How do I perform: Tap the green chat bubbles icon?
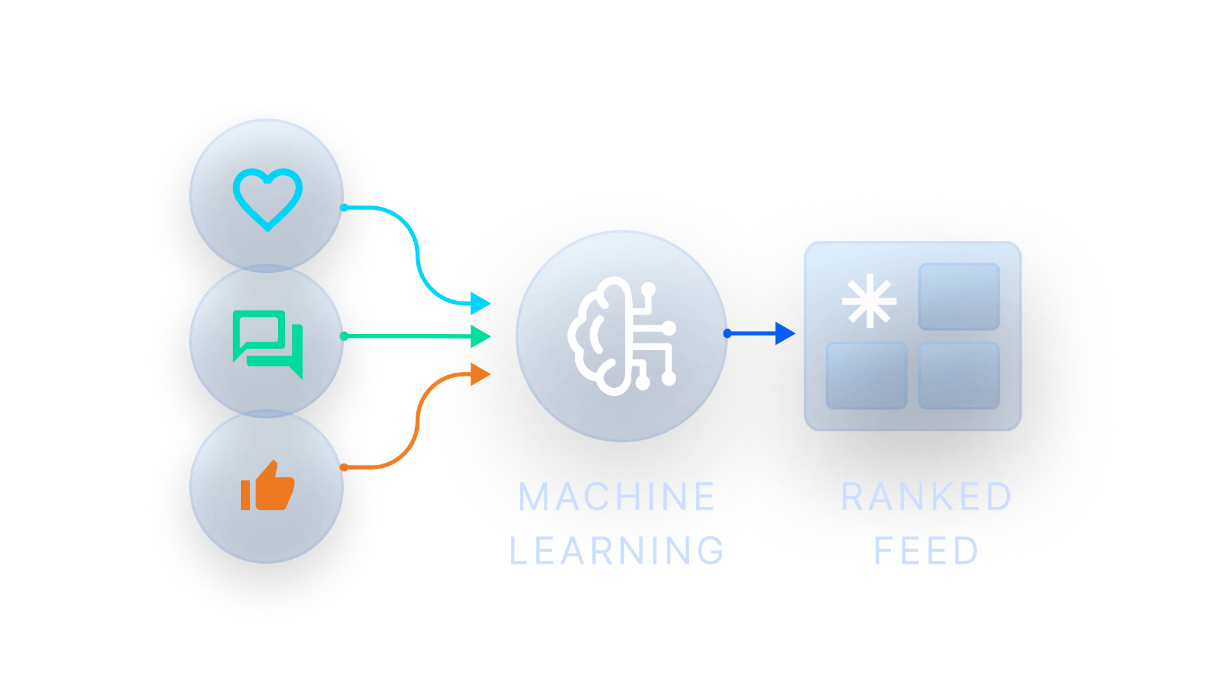click(267, 344)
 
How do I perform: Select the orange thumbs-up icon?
click(267, 486)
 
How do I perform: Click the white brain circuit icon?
click(622, 336)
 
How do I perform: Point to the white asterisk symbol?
click(869, 301)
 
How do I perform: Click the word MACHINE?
click(616, 497)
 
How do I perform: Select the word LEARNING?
click(616, 550)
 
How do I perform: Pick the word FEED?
click(926, 550)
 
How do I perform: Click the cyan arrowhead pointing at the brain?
click(481, 303)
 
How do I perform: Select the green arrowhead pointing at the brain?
click(481, 336)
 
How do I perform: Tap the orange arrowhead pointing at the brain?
click(481, 374)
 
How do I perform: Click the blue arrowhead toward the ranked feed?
click(785, 333)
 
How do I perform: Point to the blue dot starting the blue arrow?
click(728, 333)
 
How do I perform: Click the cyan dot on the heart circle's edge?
click(344, 207)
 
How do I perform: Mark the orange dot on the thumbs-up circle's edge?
click(344, 467)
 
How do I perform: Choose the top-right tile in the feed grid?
click(959, 296)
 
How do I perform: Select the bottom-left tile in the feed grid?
click(867, 376)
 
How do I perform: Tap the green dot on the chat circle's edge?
click(344, 336)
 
